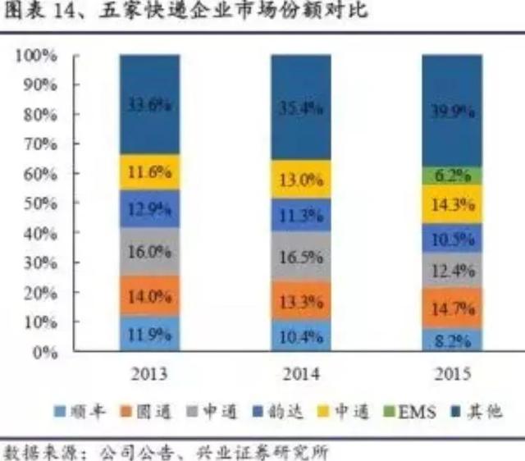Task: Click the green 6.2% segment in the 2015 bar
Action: click(452, 175)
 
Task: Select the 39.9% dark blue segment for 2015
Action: click(452, 111)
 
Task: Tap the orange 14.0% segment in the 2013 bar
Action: click(148, 296)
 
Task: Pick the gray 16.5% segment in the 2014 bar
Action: click(301, 256)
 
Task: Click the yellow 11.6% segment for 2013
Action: click(148, 172)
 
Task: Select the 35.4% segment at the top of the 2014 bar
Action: click(301, 107)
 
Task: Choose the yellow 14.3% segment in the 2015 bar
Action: click(452, 204)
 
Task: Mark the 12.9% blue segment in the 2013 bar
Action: click(148, 208)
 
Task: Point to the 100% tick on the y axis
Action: click(35, 56)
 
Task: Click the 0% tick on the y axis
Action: click(42, 352)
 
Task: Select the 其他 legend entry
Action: click(480, 411)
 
